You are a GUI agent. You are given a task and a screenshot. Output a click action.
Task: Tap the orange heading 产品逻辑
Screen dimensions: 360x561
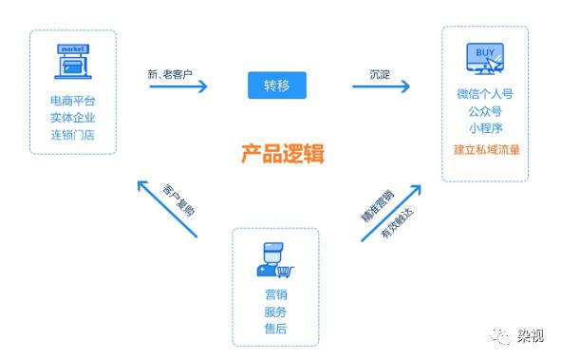click(281, 152)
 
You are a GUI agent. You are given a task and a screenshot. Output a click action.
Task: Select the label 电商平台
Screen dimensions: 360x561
click(72, 101)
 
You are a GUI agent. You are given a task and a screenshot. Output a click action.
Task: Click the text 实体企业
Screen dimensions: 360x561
click(72, 118)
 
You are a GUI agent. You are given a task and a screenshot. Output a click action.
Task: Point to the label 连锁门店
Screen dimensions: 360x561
click(72, 135)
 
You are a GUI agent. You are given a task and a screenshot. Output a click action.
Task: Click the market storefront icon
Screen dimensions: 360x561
click(72, 61)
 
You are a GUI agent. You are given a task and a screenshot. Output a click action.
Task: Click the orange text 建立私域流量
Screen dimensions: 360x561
click(485, 150)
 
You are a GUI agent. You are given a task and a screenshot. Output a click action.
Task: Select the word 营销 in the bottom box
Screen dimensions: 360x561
click(274, 294)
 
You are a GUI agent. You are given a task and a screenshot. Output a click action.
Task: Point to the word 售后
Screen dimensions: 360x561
click(274, 329)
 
